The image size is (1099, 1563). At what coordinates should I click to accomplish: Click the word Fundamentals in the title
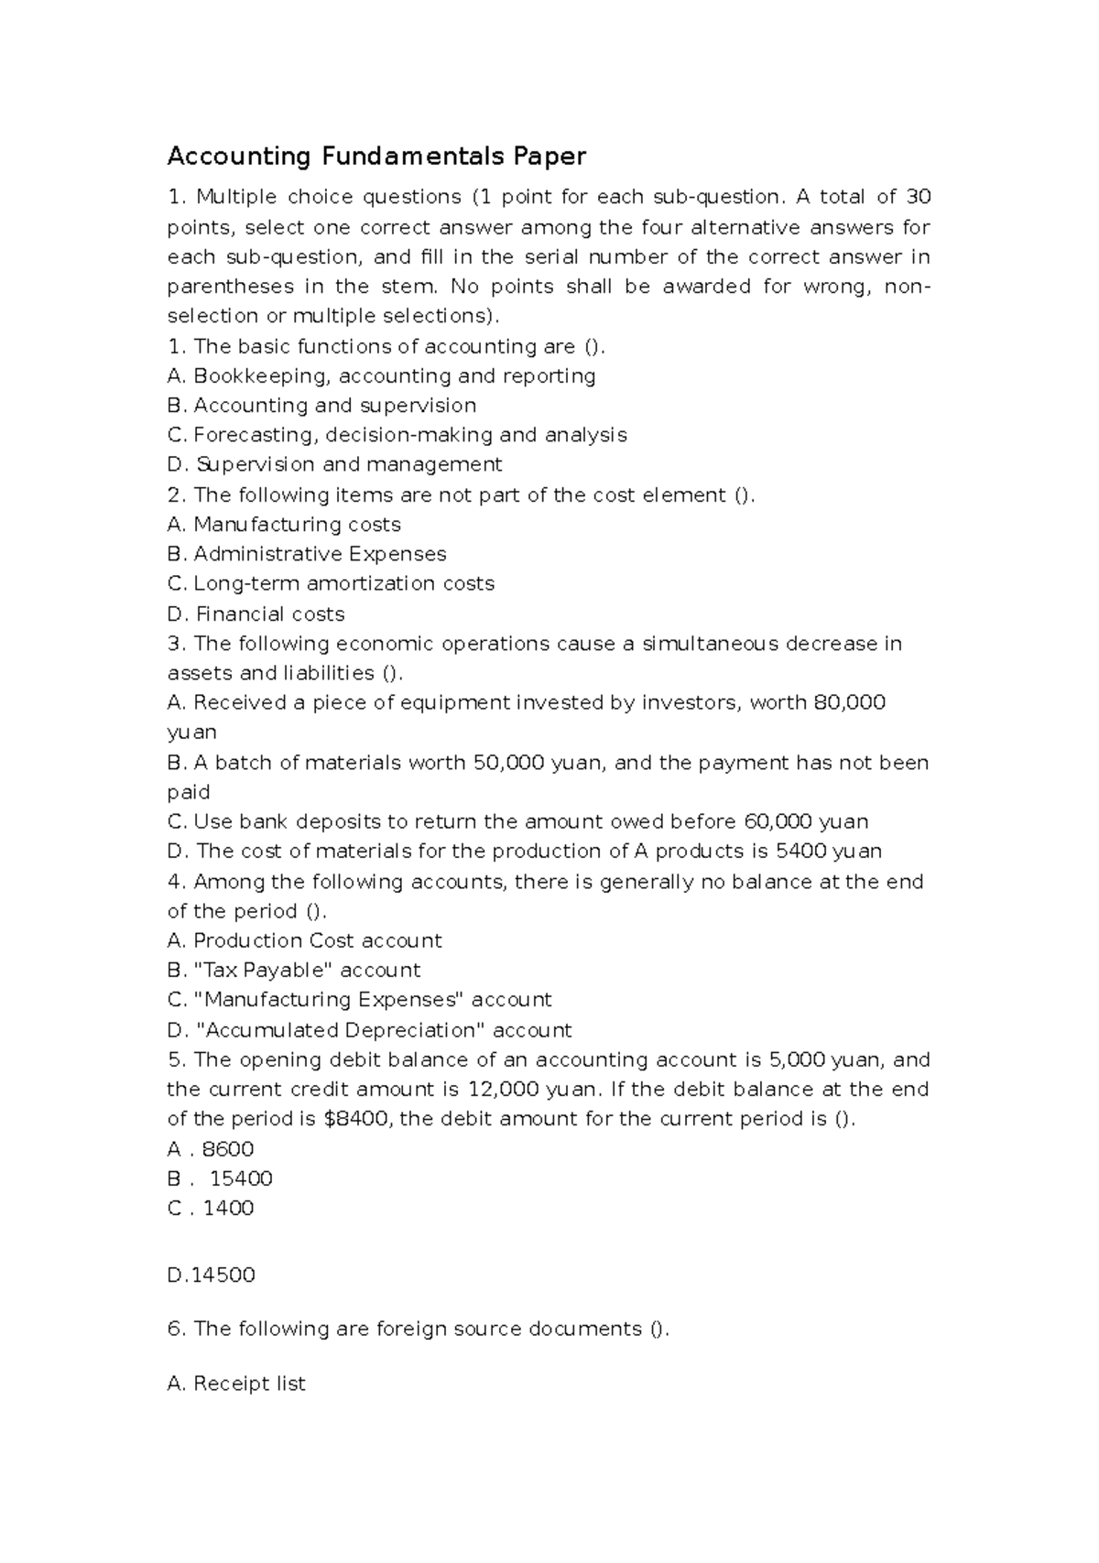click(412, 157)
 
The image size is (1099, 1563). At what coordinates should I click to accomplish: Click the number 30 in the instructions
click(918, 197)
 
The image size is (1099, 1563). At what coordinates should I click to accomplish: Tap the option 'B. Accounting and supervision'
click(322, 406)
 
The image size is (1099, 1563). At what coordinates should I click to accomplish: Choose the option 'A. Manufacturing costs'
click(284, 525)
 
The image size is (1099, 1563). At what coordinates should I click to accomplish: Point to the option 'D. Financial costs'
click(256, 614)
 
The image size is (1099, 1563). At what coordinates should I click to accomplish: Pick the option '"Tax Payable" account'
click(294, 971)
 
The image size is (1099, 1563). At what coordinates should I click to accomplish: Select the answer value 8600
click(227, 1149)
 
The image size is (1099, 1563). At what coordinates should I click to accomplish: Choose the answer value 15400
click(241, 1178)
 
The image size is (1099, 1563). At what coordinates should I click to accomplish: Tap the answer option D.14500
click(211, 1275)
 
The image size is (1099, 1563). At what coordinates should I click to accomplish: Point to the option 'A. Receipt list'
click(236, 1384)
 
